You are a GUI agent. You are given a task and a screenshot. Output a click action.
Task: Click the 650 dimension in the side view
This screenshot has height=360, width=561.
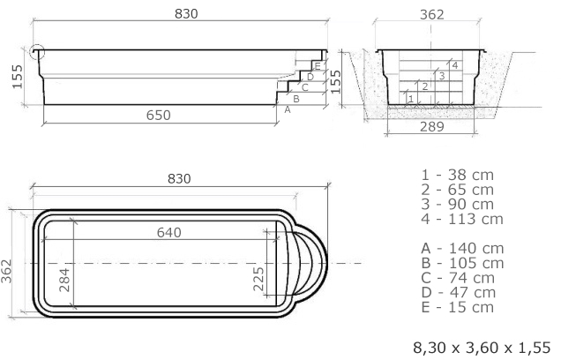pyautogui.click(x=159, y=116)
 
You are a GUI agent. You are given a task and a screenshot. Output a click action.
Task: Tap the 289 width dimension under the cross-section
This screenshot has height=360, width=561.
pyautogui.click(x=432, y=127)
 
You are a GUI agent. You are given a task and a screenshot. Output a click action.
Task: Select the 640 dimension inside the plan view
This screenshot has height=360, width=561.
pyautogui.click(x=168, y=233)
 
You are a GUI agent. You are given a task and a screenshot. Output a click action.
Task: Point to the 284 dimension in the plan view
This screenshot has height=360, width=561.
pyautogui.click(x=64, y=281)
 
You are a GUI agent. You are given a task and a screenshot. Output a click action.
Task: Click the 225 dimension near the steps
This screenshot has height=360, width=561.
pyautogui.click(x=258, y=279)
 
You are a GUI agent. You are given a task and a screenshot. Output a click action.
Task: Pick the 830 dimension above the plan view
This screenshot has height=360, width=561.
pyautogui.click(x=179, y=178)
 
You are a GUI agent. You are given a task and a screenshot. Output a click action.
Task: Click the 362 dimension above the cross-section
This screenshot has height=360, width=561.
pyautogui.click(x=432, y=15)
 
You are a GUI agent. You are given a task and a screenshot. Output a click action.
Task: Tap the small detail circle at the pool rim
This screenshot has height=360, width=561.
pyautogui.click(x=37, y=52)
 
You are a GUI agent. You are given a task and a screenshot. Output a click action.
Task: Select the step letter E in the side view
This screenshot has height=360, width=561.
pyautogui.click(x=318, y=66)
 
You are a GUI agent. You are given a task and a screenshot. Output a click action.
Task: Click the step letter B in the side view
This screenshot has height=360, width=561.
pyautogui.click(x=295, y=99)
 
